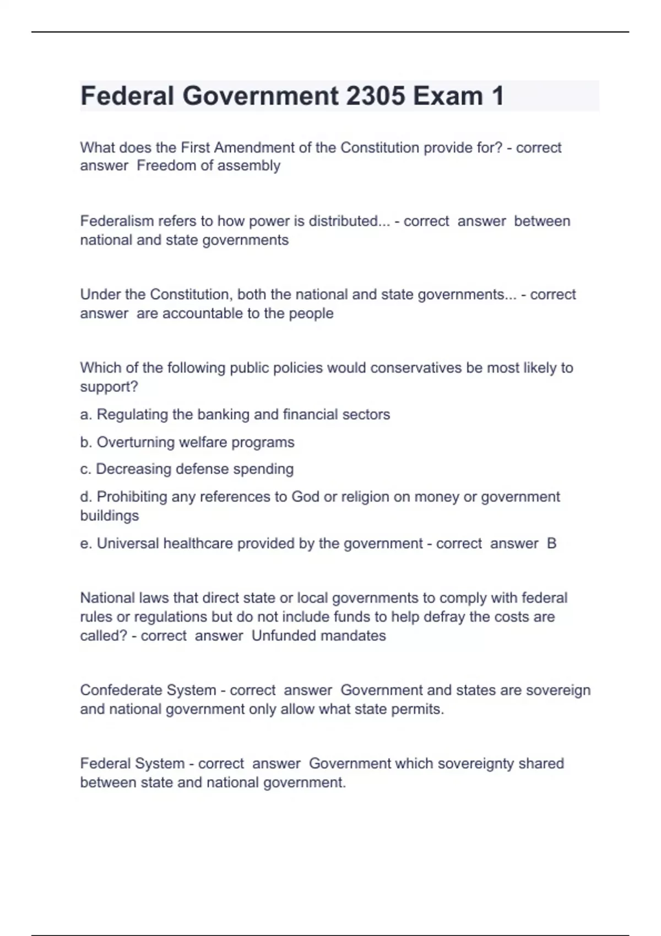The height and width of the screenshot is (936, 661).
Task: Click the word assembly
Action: pos(251,166)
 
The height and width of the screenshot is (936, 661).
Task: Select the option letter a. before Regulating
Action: pos(86,415)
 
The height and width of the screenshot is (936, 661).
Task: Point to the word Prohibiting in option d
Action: pos(132,497)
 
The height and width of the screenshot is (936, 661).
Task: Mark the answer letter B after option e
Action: pos(551,543)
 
